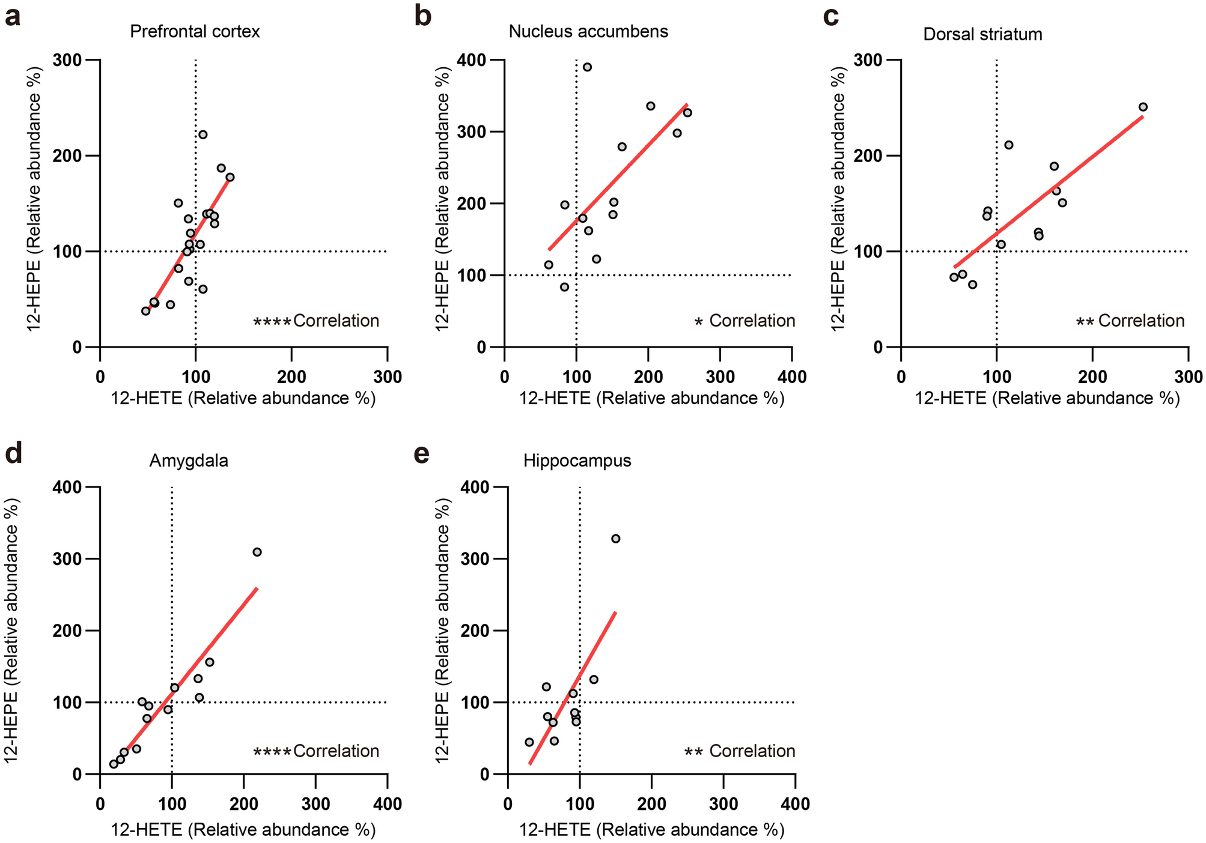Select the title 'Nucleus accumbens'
tap(588, 31)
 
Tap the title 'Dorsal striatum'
tap(982, 34)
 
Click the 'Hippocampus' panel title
tap(577, 461)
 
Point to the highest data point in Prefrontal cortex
tap(203, 134)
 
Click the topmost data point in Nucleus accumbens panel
tap(587, 67)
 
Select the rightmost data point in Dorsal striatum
tap(1142, 107)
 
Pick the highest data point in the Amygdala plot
tap(257, 552)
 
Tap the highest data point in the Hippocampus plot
tap(615, 539)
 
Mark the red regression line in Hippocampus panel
tap(577, 684)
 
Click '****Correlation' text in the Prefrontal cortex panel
tap(316, 321)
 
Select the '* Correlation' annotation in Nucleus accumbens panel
tap(745, 321)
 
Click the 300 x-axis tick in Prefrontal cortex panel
tap(387, 376)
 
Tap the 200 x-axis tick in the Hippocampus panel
tap(651, 803)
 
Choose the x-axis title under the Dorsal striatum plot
tap(1047, 398)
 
